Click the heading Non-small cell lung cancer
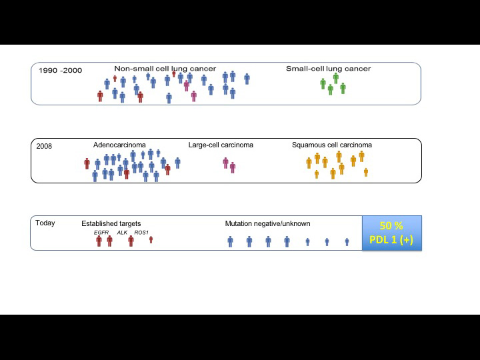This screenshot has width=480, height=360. click(165, 69)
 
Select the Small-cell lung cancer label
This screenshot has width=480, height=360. click(328, 69)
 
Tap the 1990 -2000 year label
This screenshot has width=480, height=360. click(60, 71)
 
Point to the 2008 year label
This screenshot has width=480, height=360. click(44, 146)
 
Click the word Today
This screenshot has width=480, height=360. click(45, 223)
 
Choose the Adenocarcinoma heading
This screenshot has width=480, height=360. click(119, 145)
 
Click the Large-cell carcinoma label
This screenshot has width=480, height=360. click(221, 145)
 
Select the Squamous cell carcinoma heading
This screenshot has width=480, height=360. click(332, 145)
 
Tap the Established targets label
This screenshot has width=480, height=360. click(111, 223)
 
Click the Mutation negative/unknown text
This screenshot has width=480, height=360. click(267, 223)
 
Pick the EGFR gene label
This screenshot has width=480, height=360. click(101, 233)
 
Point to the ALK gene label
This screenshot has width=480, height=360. click(122, 233)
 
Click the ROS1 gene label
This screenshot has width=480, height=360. click(141, 233)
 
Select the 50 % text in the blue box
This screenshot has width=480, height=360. click(391, 226)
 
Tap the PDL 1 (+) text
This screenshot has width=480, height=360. click(391, 239)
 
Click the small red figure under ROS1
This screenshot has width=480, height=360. click(151, 240)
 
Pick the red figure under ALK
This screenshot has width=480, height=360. click(131, 241)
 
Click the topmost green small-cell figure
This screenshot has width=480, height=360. click(336, 78)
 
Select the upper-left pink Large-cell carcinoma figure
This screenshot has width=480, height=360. click(225, 163)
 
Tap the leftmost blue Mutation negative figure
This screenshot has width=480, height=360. click(230, 241)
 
